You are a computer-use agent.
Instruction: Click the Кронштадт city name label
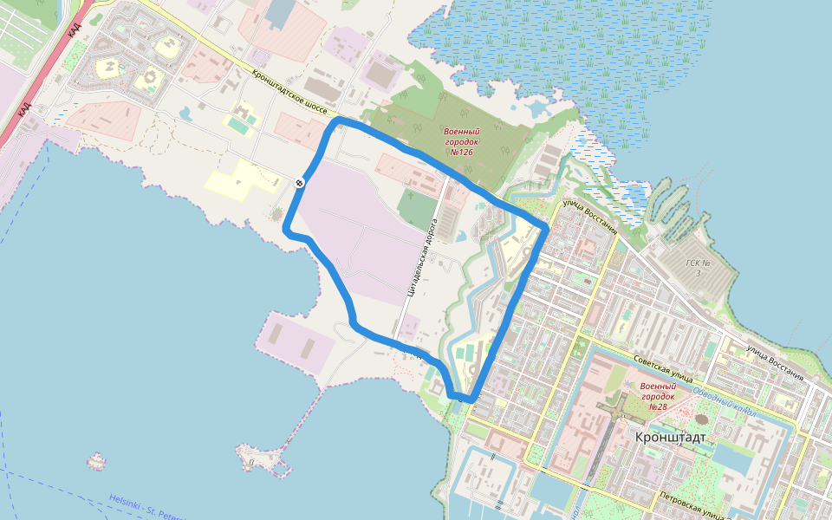click(x=670, y=438)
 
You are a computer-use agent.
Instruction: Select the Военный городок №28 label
click(x=655, y=396)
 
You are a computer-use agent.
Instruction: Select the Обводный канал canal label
click(x=725, y=401)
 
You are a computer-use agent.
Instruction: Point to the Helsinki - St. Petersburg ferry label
click(x=143, y=506)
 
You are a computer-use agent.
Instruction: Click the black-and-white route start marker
click(x=298, y=182)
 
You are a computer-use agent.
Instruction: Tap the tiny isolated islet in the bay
click(x=96, y=459)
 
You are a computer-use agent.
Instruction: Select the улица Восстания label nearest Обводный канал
click(x=774, y=363)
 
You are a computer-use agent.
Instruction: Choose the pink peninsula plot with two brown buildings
click(x=295, y=342)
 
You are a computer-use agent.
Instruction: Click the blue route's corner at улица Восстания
click(x=544, y=227)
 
